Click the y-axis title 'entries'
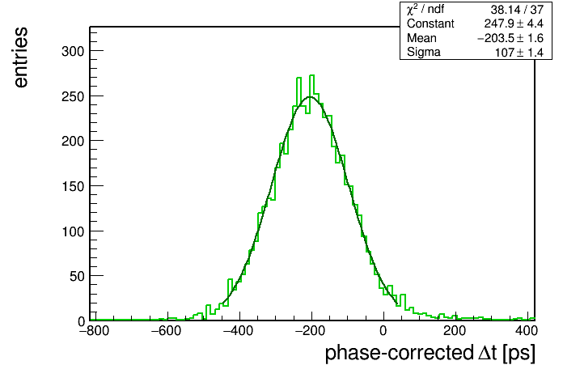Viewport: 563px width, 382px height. [x=21, y=57]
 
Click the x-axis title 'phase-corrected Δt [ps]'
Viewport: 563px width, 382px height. [x=430, y=353]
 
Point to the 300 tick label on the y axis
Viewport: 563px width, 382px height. [x=73, y=51]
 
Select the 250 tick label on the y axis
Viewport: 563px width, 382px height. [x=73, y=96]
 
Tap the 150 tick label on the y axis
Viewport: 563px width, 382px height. [x=73, y=186]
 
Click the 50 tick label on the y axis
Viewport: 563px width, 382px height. [x=77, y=276]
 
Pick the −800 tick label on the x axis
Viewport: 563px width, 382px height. [x=94, y=331]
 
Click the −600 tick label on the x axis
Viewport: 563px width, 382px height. [x=167, y=331]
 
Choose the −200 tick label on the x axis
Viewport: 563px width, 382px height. [x=311, y=331]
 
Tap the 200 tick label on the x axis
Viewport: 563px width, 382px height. [x=455, y=331]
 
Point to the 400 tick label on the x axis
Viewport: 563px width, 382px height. [x=527, y=331]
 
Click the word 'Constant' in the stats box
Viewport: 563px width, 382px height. [x=430, y=23]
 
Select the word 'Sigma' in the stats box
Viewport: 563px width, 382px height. [x=424, y=53]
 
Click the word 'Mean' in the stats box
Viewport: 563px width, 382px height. [x=421, y=38]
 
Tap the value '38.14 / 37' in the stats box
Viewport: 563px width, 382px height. [x=517, y=10]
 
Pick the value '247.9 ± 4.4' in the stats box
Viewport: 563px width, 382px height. [x=514, y=23]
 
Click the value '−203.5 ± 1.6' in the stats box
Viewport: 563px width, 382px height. [x=510, y=38]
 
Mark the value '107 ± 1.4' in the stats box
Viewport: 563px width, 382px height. [x=519, y=53]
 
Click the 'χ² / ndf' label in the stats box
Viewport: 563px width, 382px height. [x=425, y=10]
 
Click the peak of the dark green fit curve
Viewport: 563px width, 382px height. [x=311, y=96]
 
